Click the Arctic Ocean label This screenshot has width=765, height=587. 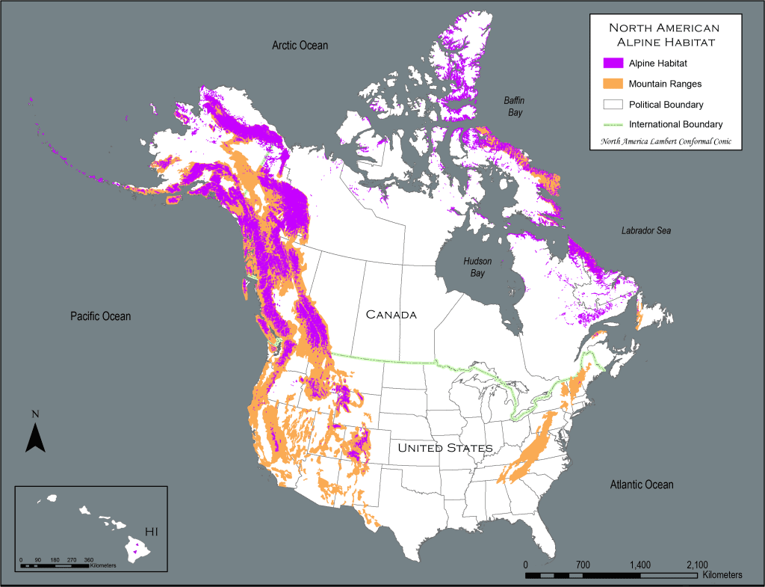pyautogui.click(x=300, y=46)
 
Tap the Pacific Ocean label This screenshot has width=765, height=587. pyautogui.click(x=100, y=316)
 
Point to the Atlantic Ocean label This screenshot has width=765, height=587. pyautogui.click(x=641, y=485)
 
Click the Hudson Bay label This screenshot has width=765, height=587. pyautogui.click(x=477, y=267)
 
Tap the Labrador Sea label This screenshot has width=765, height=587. pyautogui.click(x=645, y=231)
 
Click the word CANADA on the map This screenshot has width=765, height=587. pyautogui.click(x=391, y=315)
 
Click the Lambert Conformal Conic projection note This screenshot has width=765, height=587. pyautogui.click(x=663, y=141)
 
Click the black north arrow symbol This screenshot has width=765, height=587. pyautogui.click(x=35, y=437)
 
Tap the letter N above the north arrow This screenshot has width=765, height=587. pyautogui.click(x=35, y=414)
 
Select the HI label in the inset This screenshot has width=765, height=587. pyautogui.click(x=152, y=532)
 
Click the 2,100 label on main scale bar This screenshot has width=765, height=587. pyautogui.click(x=697, y=565)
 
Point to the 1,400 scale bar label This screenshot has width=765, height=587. pyautogui.click(x=640, y=565)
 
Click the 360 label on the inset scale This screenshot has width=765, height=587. pyautogui.click(x=88, y=559)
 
